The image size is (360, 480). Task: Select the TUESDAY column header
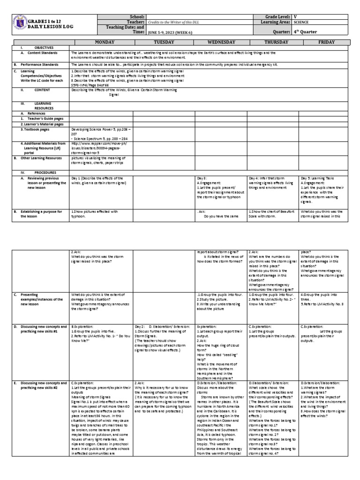[164, 42]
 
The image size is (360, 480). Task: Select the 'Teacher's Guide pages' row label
[42, 118]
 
